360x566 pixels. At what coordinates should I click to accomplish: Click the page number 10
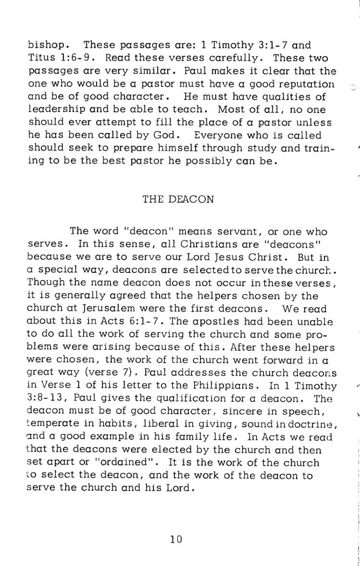176,540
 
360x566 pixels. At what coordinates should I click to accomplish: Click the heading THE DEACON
178,199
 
